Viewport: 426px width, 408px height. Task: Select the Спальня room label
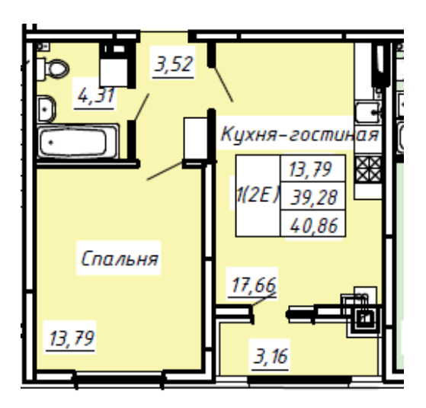coord(120,259)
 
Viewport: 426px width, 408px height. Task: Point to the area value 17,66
coord(253,288)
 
